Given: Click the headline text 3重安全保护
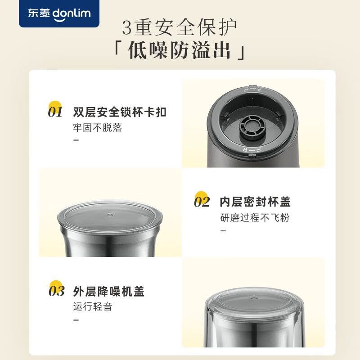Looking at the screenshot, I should pyautogui.click(x=180, y=27).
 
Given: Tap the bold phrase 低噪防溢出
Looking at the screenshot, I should pyautogui.click(x=180, y=52).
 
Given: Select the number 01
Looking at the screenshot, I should pyautogui.click(x=55, y=112).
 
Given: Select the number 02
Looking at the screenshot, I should pyautogui.click(x=202, y=202).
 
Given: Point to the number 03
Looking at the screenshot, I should pyautogui.click(x=56, y=291).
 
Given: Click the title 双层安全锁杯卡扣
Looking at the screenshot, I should pyautogui.click(x=119, y=112).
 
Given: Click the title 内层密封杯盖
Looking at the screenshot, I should pyautogui.click(x=255, y=202).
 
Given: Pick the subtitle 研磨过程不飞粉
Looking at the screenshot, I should pyautogui.click(x=255, y=218).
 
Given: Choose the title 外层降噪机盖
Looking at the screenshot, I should pyautogui.click(x=108, y=291).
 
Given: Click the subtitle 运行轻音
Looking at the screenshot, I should pyautogui.click(x=92, y=307).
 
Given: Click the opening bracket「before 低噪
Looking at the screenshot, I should pyautogui.click(x=118, y=50).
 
